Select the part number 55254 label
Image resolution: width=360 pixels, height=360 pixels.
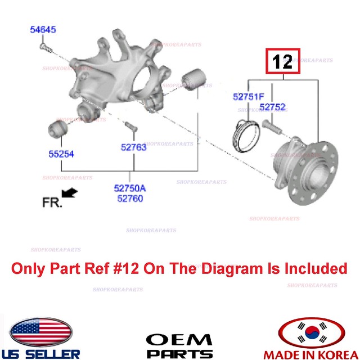[60, 154]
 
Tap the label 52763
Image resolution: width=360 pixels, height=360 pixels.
[133, 147]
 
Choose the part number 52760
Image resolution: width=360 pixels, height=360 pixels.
[130, 198]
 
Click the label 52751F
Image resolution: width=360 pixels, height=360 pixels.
[248, 97]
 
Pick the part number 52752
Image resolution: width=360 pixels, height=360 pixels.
[273, 107]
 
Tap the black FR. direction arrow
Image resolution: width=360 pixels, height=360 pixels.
[70, 193]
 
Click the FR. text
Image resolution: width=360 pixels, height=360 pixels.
[52, 201]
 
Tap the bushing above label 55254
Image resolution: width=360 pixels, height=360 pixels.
[58, 128]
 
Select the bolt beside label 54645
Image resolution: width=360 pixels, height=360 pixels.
[46, 51]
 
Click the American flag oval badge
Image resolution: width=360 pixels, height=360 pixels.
[42, 332]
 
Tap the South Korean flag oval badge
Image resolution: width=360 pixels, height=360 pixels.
[312, 332]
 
